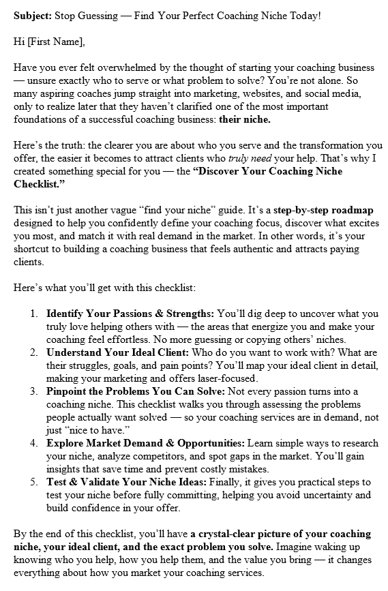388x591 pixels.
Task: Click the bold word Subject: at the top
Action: tap(31, 15)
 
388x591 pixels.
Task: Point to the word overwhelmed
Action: tap(143, 67)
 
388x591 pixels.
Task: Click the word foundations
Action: tap(40, 119)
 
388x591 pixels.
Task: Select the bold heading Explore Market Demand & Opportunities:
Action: tap(146, 443)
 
